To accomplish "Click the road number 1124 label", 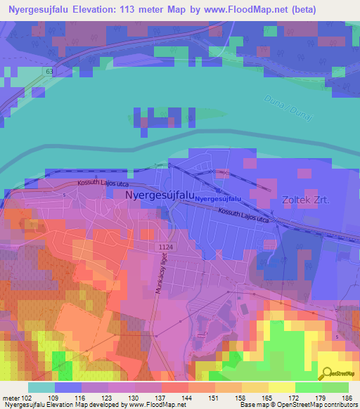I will (166, 247).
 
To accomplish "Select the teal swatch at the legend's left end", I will (41, 388).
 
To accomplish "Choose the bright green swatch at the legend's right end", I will (335, 388).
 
